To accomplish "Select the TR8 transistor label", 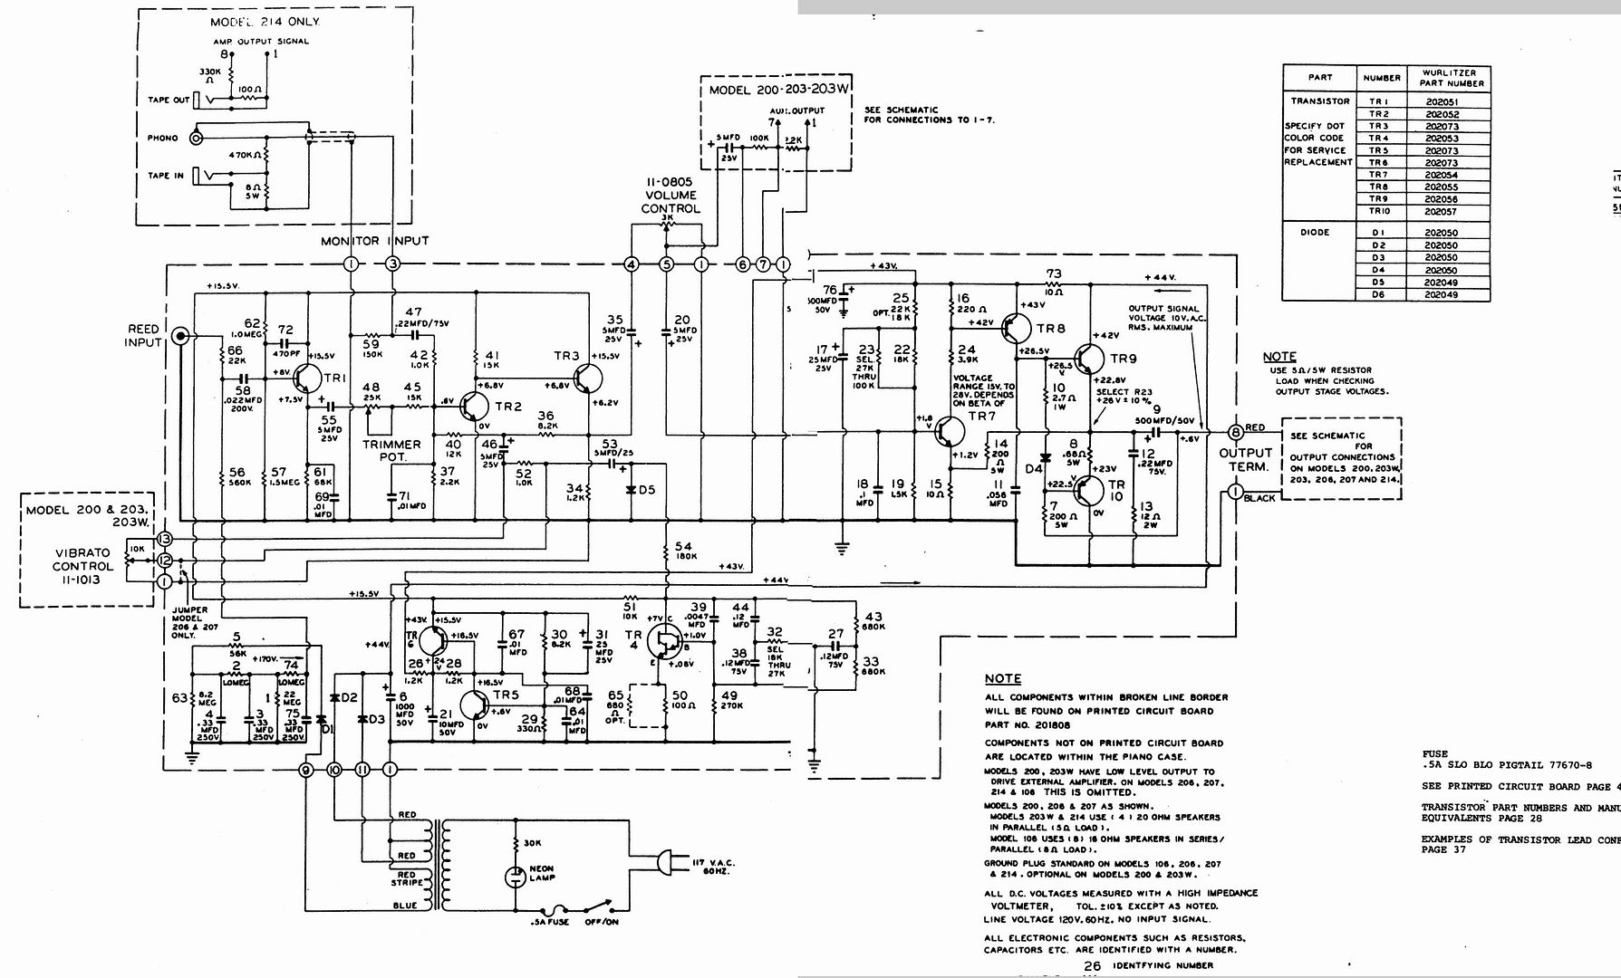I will click(1051, 329).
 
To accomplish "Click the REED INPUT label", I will click(144, 335).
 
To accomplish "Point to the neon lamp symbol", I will click(515, 876).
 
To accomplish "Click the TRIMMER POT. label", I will click(391, 450).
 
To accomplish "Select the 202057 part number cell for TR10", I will click(1441, 211).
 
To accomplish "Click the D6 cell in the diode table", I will click(1378, 294).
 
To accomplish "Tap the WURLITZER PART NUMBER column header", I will click(1453, 77).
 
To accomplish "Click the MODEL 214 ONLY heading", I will click(265, 21).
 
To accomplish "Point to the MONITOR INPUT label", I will click(374, 241).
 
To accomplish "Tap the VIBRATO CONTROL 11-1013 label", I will click(83, 566).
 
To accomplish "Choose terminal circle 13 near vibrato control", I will click(164, 539).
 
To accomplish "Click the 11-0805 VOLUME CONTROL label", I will click(670, 195).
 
